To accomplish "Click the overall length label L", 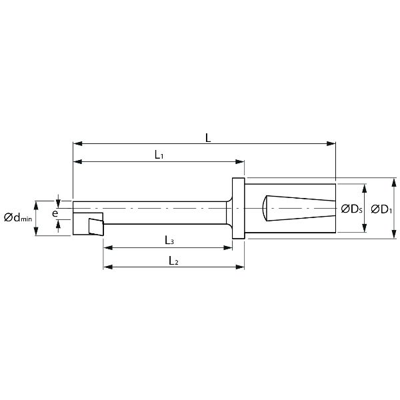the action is [x=208, y=138].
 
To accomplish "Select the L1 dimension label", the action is [x=159, y=155].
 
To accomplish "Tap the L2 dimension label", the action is [x=173, y=261].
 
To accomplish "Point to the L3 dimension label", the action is [x=169, y=240].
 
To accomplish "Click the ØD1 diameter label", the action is [x=381, y=209].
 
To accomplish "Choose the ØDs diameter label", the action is [x=351, y=209].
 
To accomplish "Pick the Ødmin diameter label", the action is [x=18, y=217].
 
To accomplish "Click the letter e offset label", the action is [x=55, y=213].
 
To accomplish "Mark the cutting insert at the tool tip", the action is [x=96, y=227].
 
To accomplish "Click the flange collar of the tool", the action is [x=238, y=208].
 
